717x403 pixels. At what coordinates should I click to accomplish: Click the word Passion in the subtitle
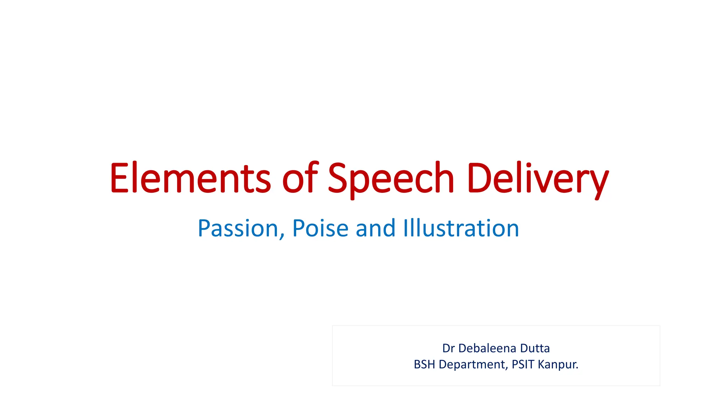(x=238, y=228)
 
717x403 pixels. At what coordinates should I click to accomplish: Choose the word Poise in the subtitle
(x=320, y=228)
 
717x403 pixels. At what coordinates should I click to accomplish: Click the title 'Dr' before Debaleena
(x=448, y=348)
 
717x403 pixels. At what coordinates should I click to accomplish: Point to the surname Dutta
(x=535, y=348)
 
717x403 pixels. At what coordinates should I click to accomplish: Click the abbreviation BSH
(x=424, y=365)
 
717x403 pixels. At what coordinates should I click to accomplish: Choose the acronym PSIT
(x=523, y=365)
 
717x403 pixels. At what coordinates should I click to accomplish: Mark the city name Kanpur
(x=557, y=365)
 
